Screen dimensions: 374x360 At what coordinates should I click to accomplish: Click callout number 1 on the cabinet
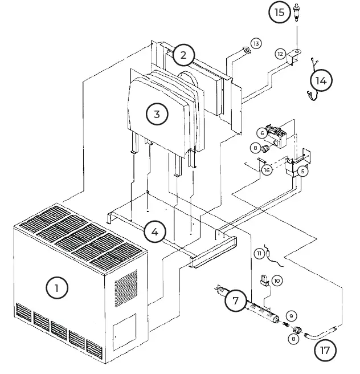(56, 288)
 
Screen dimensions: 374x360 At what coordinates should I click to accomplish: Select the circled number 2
(183, 55)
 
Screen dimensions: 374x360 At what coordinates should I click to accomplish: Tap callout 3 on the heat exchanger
(157, 113)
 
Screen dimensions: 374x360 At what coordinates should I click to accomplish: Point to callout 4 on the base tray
(155, 232)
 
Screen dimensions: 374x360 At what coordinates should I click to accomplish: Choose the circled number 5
(302, 170)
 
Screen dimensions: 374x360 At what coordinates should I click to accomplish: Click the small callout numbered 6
(262, 133)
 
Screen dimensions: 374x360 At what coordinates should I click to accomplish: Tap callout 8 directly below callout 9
(293, 339)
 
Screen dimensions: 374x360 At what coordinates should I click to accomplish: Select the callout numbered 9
(291, 316)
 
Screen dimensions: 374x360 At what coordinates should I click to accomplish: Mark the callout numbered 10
(277, 281)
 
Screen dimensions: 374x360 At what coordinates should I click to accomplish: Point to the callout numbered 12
(280, 53)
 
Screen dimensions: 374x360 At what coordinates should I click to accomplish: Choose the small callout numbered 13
(256, 43)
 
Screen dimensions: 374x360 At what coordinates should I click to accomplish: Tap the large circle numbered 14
(321, 80)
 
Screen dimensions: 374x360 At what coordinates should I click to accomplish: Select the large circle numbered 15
(279, 13)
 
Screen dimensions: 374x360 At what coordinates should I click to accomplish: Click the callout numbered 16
(266, 170)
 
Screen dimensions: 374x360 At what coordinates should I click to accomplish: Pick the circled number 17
(325, 349)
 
